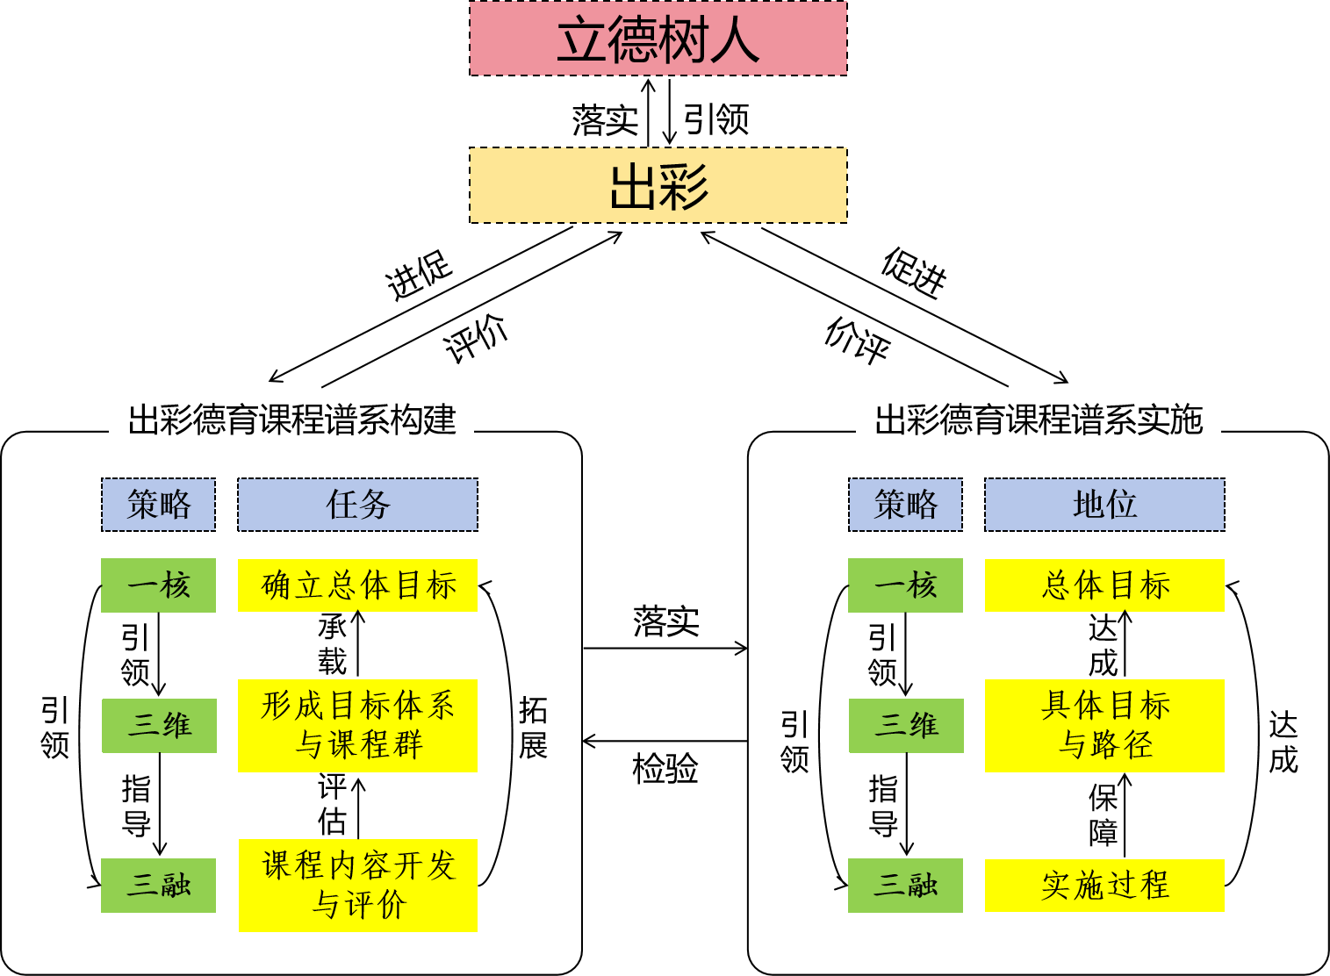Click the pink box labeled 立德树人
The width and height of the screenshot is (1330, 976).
pyautogui.click(x=658, y=39)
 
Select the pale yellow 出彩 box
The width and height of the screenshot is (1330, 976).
pyautogui.click(x=658, y=185)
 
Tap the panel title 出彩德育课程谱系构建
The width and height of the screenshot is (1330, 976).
pyautogui.click(x=291, y=419)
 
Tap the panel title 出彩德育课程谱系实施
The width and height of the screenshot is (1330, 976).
pyautogui.click(x=1039, y=419)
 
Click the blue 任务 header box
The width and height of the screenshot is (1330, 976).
pyautogui.click(x=358, y=505)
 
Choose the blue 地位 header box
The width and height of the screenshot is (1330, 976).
pyautogui.click(x=1104, y=505)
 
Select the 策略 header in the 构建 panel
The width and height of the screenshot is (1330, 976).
pyautogui.click(x=159, y=505)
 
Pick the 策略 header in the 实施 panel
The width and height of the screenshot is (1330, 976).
pyautogui.click(x=905, y=505)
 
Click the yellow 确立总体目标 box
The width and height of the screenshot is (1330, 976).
pyautogui.click(x=358, y=585)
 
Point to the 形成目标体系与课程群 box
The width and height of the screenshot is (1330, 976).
pyautogui.click(x=358, y=725)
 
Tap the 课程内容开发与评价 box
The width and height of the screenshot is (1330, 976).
pyautogui.click(x=358, y=885)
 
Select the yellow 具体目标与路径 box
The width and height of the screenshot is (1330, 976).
pyautogui.click(x=1104, y=725)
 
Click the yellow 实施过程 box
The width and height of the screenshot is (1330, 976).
pyautogui.click(x=1104, y=885)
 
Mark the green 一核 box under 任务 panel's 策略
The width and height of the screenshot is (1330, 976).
pyautogui.click(x=159, y=585)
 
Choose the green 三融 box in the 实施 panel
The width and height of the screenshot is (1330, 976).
pyautogui.click(x=905, y=886)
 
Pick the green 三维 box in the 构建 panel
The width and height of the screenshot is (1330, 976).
pyautogui.click(x=159, y=726)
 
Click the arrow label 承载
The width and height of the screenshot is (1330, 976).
pyautogui.click(x=332, y=644)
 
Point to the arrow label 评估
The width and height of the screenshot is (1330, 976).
pyautogui.click(x=332, y=804)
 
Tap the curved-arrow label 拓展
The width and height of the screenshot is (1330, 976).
pyautogui.click(x=533, y=728)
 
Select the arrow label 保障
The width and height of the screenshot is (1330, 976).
pyautogui.click(x=1103, y=815)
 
